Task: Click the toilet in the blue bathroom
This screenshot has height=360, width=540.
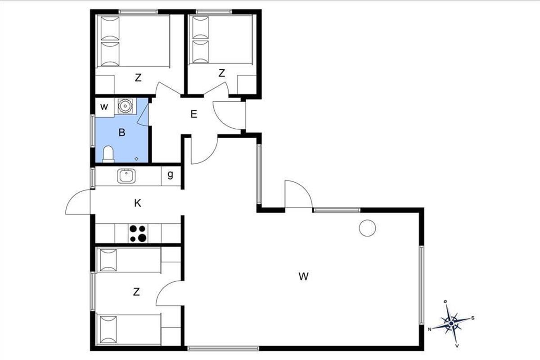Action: (108, 154)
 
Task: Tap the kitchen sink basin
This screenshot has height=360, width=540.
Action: (126, 176)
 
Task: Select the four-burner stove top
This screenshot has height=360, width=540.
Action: (138, 234)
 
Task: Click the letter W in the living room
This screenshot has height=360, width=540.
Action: (303, 276)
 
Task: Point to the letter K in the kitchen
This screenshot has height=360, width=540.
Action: (138, 203)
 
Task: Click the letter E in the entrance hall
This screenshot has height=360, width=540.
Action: (194, 114)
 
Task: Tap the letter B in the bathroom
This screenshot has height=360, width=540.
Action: (122, 132)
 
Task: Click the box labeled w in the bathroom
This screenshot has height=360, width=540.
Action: (104, 107)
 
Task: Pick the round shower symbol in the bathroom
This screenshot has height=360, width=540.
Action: (125, 106)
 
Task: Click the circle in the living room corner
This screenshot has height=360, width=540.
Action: (367, 228)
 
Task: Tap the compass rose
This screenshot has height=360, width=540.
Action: (451, 324)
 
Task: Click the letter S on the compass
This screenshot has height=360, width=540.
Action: (473, 318)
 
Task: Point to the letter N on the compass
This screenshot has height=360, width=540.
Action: (430, 329)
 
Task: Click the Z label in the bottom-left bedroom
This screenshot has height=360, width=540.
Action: (136, 292)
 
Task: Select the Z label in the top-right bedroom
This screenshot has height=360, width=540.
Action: (221, 73)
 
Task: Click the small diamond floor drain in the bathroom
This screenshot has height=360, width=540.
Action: (136, 159)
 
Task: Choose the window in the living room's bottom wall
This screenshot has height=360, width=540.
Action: (223, 348)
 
